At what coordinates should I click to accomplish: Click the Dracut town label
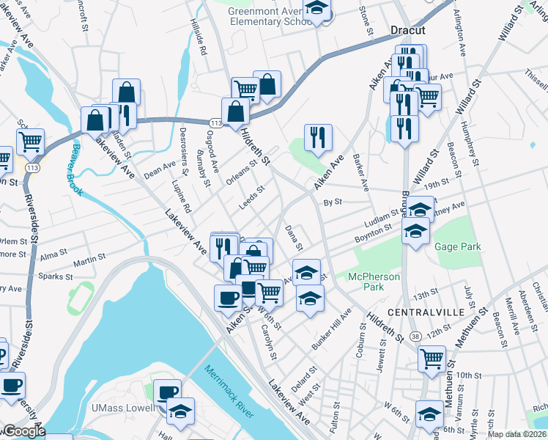[x=408, y=31]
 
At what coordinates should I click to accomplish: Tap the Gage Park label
[x=458, y=247]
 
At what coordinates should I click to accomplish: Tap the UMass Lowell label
[x=127, y=408]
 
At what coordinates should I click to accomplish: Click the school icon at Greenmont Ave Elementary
[x=316, y=10]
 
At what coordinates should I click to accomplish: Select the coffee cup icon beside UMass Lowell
[x=169, y=391]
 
